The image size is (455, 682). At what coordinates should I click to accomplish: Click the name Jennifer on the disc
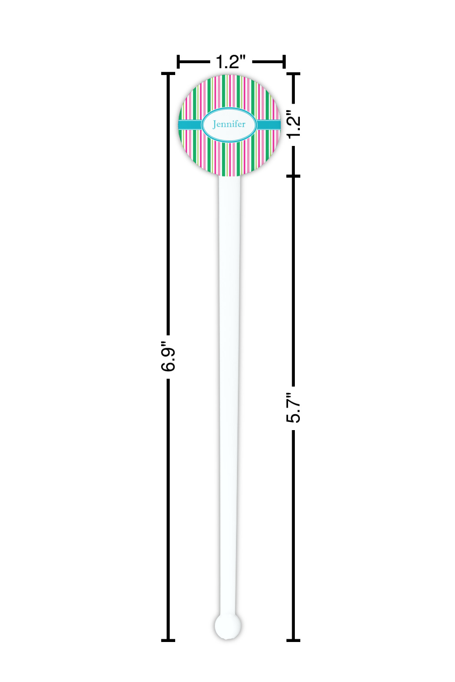click(229, 124)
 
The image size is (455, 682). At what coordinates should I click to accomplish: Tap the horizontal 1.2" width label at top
click(231, 62)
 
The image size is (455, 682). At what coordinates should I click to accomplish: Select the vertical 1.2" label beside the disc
click(294, 125)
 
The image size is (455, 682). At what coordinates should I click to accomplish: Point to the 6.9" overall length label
click(168, 356)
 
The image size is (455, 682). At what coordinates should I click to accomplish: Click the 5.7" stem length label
click(293, 407)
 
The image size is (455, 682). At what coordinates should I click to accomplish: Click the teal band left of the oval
click(190, 125)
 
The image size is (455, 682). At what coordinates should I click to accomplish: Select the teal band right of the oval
click(268, 125)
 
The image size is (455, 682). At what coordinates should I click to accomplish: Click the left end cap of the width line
click(178, 62)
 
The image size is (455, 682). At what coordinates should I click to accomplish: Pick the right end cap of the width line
click(284, 62)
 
